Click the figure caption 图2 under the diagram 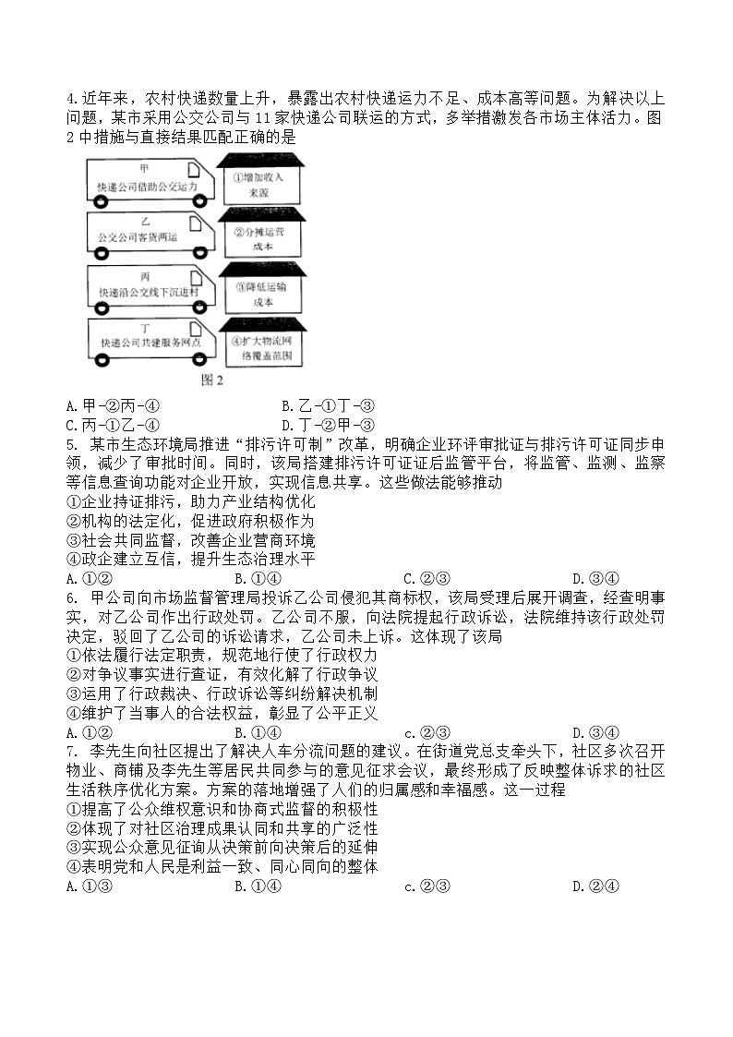click(x=212, y=379)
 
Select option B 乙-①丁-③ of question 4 click(x=328, y=404)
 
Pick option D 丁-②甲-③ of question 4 click(x=328, y=425)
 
